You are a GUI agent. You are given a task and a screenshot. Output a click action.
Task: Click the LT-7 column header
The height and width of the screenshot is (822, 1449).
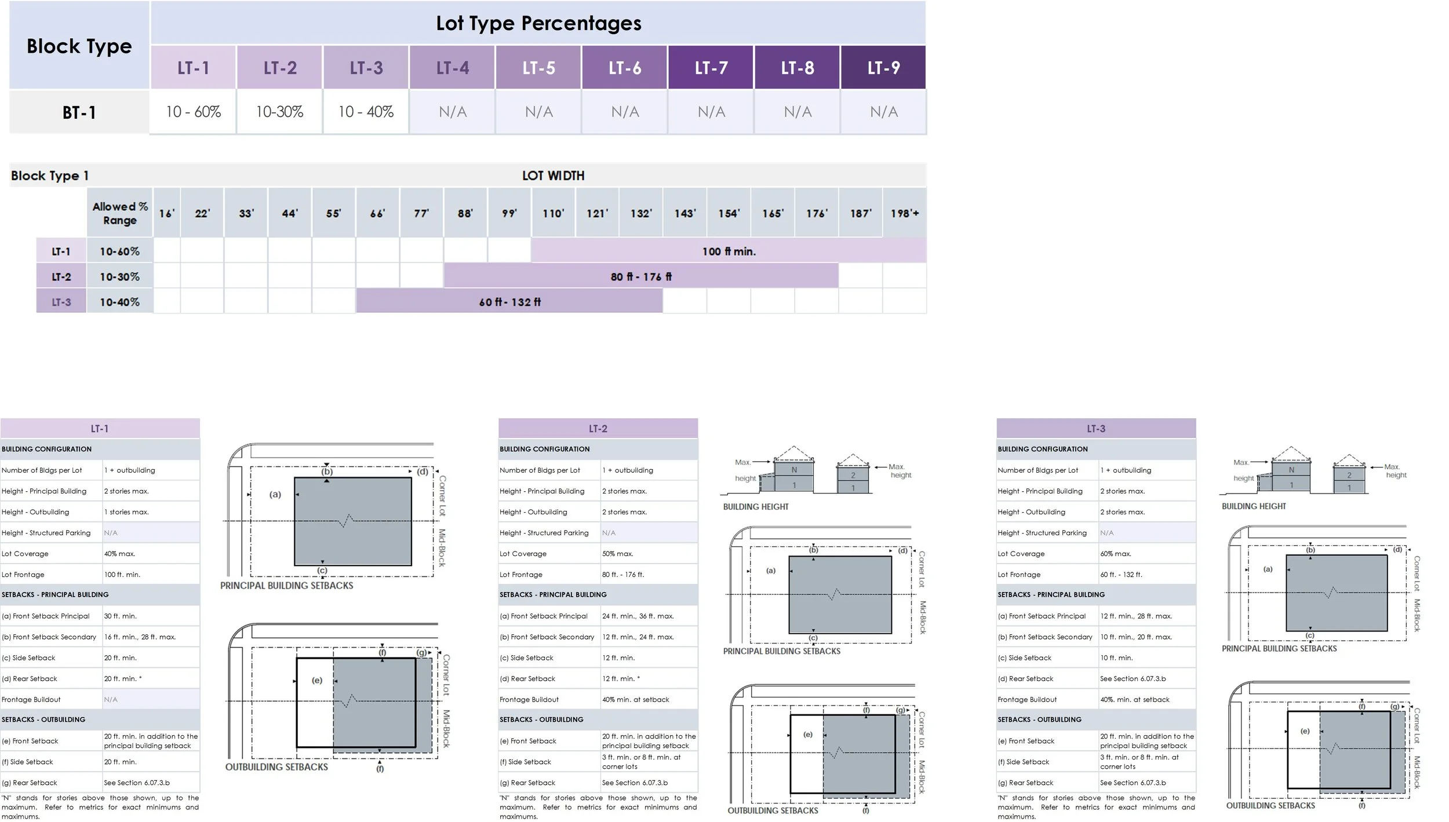[x=711, y=67]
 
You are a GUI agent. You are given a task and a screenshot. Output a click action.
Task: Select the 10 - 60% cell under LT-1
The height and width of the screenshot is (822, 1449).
[x=193, y=112]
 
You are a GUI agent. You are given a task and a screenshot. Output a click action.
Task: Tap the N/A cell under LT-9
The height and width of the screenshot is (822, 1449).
[x=883, y=112]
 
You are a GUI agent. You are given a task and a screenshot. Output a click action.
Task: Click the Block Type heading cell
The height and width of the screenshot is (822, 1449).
[x=79, y=46]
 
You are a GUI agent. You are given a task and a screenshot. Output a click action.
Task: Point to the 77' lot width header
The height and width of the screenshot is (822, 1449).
[x=421, y=213]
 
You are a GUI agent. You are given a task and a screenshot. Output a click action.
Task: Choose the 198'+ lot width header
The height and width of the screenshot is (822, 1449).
[x=904, y=213]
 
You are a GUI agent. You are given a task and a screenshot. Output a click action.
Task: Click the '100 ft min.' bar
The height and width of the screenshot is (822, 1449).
[x=729, y=251]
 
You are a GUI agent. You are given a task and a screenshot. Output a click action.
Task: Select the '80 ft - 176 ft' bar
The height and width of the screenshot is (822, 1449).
[x=641, y=276]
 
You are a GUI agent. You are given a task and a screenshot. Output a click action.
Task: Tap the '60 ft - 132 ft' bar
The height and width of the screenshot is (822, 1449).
[x=509, y=302]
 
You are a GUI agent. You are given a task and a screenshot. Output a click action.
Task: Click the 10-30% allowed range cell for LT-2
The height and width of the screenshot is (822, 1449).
[x=119, y=276]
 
